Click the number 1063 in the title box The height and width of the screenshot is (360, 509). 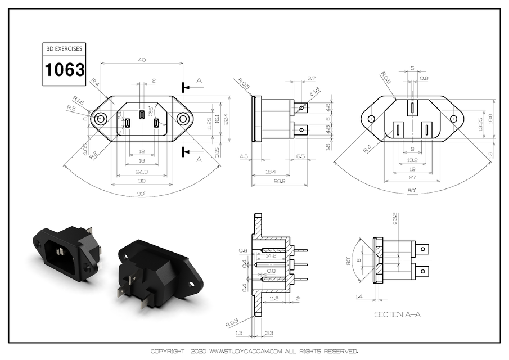pyautogui.click(x=65, y=70)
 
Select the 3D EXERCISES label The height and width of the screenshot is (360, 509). pyautogui.click(x=65, y=49)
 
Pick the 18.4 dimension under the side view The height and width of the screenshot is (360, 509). pyautogui.click(x=271, y=171)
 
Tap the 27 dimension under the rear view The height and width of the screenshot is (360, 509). pyautogui.click(x=412, y=178)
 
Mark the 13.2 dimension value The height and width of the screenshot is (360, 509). pyautogui.click(x=412, y=160)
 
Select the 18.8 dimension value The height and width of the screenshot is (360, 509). pyautogui.click(x=489, y=119)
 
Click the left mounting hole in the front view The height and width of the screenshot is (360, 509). pyautogui.click(x=101, y=119)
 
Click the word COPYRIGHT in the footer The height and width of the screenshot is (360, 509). pyautogui.click(x=168, y=352)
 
